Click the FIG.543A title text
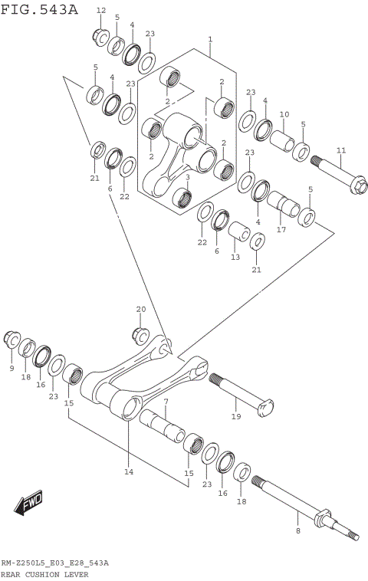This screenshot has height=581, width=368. point(39,9)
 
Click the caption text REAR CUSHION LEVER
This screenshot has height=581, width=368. point(44,574)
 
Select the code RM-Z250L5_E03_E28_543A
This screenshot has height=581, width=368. point(54,563)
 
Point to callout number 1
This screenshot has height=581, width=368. point(210,38)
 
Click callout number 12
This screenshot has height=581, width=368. point(101,10)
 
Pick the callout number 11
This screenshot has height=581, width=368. point(340,150)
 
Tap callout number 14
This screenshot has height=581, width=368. point(129,472)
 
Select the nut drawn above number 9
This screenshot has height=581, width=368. point(12,339)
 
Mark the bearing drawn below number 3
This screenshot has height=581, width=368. point(182,197)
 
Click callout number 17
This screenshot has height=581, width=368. point(281,229)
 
